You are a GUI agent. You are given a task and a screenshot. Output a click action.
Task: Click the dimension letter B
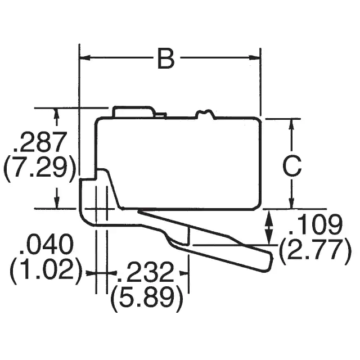(x=165, y=58)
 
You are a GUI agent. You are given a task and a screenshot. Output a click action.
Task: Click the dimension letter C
(x=291, y=166)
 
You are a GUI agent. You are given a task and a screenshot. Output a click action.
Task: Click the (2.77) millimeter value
(x=316, y=249)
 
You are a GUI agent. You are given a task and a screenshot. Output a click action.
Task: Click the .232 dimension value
(x=147, y=273)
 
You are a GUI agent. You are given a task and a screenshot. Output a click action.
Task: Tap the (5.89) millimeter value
(x=147, y=299)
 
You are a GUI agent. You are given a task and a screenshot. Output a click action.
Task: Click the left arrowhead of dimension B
(x=84, y=57)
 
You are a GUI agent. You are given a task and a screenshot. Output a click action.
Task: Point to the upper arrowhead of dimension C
(x=291, y=123)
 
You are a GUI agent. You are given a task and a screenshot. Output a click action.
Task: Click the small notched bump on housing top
(x=205, y=114)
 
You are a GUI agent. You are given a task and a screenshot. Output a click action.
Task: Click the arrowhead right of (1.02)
(x=91, y=273)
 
